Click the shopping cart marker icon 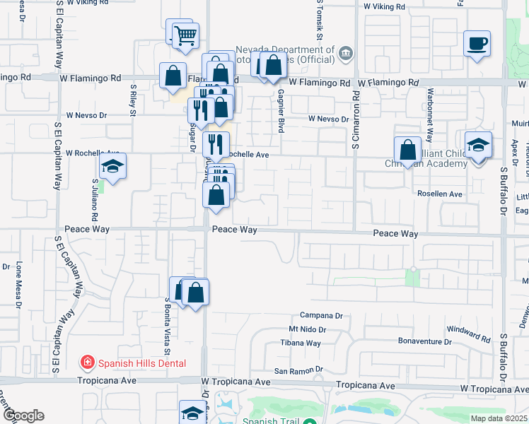(185, 35)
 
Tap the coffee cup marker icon (477, 43)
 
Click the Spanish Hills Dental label (141, 363)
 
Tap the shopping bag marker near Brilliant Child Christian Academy (407, 150)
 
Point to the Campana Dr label (321, 315)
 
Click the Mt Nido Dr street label (307, 329)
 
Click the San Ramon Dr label (298, 370)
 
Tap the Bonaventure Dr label (424, 341)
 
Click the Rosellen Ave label (439, 194)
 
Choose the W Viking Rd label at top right (384, 6)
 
